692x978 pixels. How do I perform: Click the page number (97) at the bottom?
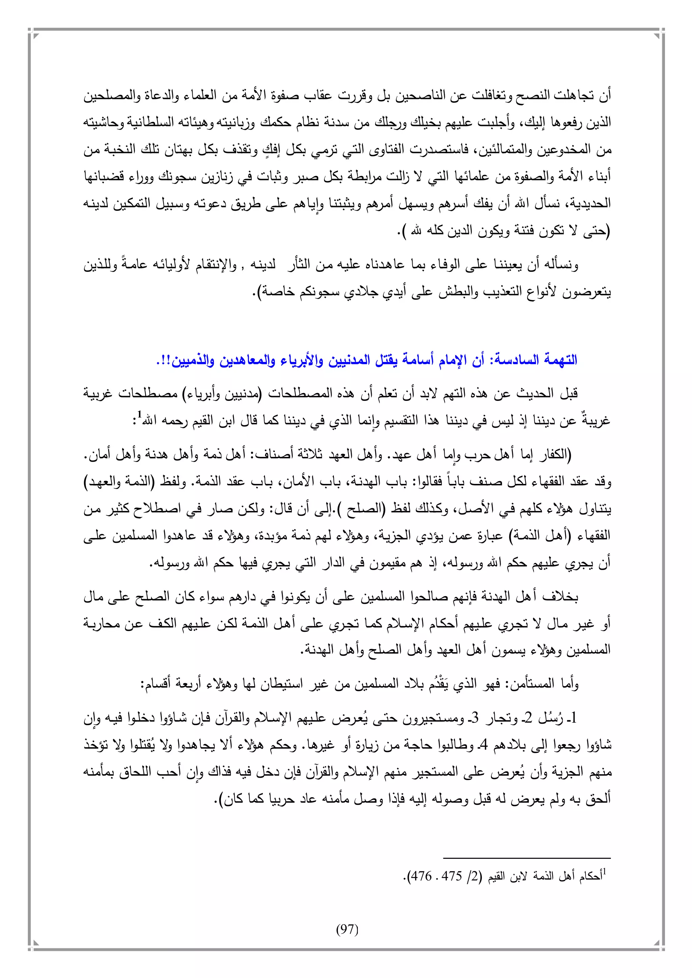[x=347, y=929]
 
